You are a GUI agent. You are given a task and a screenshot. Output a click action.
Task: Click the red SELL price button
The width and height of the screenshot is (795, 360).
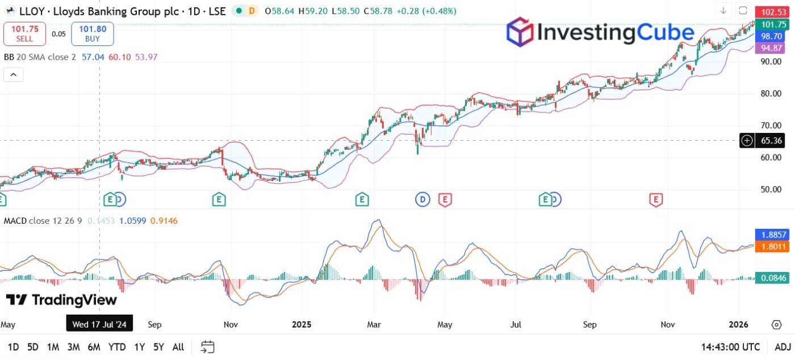pos(24,34)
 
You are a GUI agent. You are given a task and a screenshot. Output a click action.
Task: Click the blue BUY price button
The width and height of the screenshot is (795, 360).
pos(92,34)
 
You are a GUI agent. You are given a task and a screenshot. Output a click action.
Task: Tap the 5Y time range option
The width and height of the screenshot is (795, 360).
pos(159,347)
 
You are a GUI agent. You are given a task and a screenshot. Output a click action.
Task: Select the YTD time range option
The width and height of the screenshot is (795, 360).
pos(117,347)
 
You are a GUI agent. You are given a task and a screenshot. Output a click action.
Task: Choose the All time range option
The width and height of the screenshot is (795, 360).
pos(178,347)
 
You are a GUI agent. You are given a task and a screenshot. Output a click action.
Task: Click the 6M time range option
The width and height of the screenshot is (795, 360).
pos(94,347)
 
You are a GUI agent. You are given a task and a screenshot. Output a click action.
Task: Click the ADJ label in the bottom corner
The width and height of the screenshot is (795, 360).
pos(783,347)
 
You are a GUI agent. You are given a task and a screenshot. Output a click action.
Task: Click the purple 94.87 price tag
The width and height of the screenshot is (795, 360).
pos(772,48)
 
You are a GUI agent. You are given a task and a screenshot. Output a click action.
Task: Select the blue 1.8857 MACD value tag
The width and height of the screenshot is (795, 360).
pos(772,235)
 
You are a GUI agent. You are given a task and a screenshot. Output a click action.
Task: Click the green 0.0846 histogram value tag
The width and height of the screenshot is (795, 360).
pos(772,278)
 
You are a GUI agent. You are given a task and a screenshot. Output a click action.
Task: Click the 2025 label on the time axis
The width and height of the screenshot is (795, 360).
pos(302,325)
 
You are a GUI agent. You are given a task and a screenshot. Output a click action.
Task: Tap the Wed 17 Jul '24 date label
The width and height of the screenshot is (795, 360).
pos(99,325)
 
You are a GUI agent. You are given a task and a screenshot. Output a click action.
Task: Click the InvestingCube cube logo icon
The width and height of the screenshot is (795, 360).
pos(520,32)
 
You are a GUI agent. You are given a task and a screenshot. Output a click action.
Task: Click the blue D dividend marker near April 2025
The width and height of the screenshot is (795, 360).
pos(422,199)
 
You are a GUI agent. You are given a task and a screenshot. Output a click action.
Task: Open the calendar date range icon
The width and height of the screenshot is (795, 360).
pos(207,347)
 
